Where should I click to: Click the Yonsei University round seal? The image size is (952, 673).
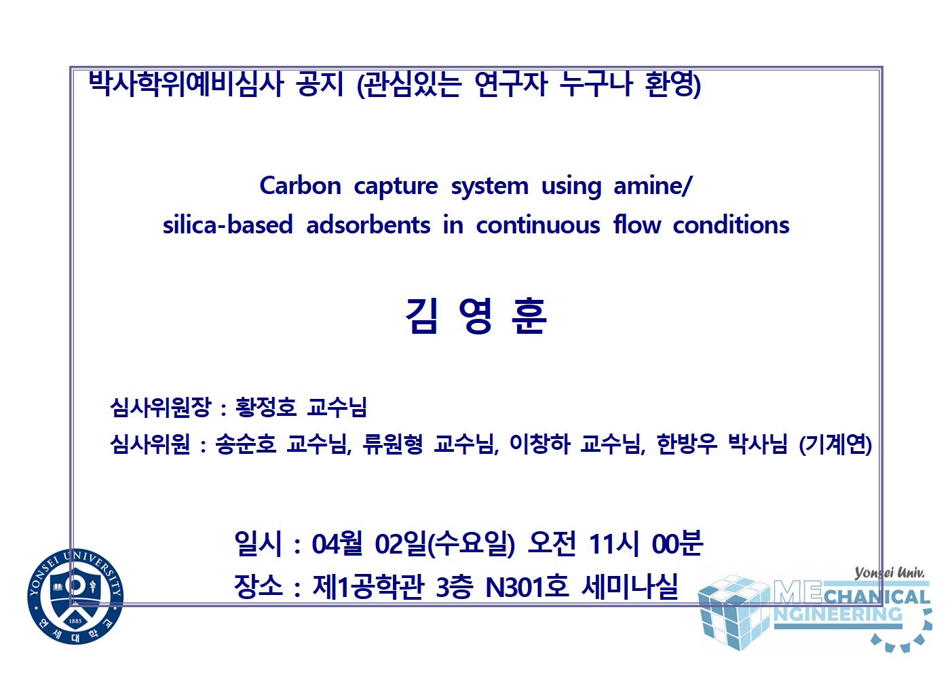(75, 596)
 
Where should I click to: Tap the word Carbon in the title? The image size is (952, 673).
(300, 186)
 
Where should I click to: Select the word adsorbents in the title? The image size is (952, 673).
(368, 225)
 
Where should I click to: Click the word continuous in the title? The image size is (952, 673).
(537, 225)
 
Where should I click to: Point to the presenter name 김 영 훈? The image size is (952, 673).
(476, 315)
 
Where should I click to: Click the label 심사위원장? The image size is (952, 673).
(161, 408)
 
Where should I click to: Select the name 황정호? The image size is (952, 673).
(265, 408)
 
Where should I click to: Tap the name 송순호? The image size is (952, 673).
(246, 444)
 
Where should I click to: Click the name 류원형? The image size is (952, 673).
(393, 444)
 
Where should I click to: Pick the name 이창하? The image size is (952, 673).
(539, 444)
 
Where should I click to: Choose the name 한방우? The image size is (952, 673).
(687, 444)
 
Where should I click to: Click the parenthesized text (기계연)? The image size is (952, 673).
(835, 445)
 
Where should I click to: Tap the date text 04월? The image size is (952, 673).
(337, 543)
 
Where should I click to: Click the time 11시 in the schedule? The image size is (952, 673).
(614, 543)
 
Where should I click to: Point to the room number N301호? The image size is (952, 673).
(527, 587)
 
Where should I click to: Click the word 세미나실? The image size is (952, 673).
(630, 587)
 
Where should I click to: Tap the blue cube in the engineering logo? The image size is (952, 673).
(734, 612)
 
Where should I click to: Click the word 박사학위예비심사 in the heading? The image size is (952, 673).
(186, 83)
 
